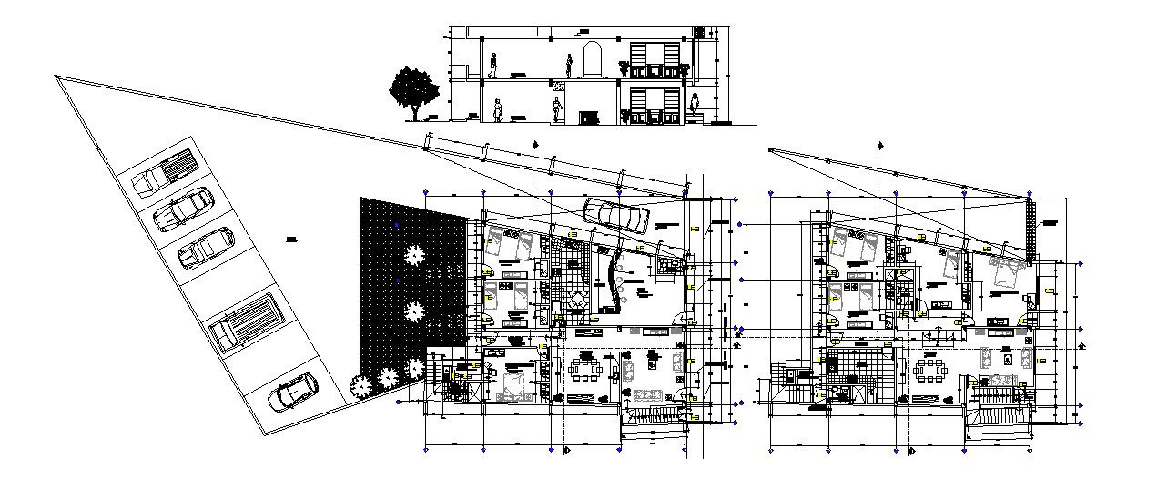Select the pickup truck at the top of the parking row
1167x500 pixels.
point(167,172)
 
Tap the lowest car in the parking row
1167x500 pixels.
point(292,393)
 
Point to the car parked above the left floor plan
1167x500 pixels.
point(616,215)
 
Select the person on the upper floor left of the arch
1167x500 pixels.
point(569,66)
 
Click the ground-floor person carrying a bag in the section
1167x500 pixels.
point(498,109)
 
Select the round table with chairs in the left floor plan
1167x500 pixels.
point(576,300)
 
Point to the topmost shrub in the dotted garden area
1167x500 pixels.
point(414,255)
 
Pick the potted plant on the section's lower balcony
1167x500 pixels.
point(624,115)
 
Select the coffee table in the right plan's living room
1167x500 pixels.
point(1008,358)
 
